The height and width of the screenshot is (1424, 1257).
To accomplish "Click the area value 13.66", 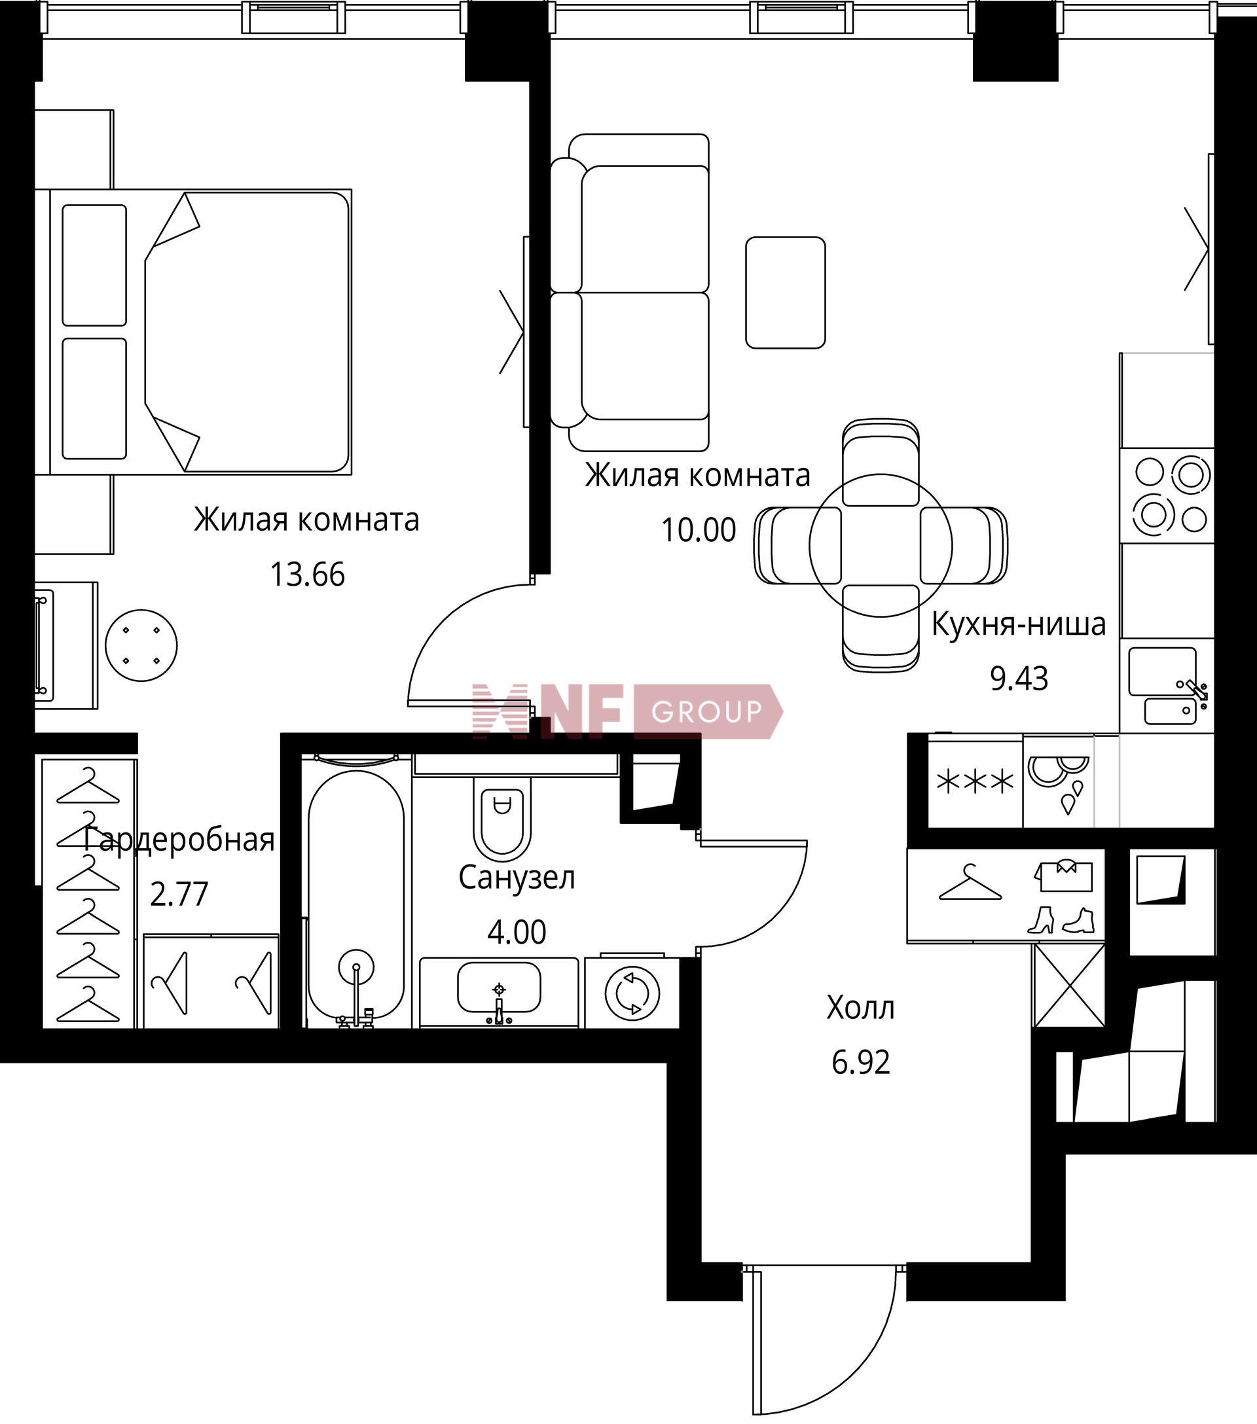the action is click(307, 575).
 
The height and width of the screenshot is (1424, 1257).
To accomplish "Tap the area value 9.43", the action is click(1019, 679).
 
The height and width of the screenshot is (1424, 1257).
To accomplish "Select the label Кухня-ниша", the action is click(1018, 624).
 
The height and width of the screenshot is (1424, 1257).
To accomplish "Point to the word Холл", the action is click(860, 1008).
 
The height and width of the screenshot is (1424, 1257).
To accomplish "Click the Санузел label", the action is click(517, 878).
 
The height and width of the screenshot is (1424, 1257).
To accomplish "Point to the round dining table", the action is click(880, 546).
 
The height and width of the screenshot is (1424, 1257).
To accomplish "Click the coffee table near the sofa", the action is click(785, 293).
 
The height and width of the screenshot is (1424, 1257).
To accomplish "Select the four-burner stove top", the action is click(1167, 496).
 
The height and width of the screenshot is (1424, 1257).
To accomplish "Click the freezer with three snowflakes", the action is click(975, 783).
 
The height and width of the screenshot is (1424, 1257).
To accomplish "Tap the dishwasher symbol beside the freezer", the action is click(1059, 783).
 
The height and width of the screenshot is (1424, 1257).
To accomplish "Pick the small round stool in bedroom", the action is click(141, 645).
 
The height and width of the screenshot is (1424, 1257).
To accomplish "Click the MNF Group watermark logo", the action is click(627, 711).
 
